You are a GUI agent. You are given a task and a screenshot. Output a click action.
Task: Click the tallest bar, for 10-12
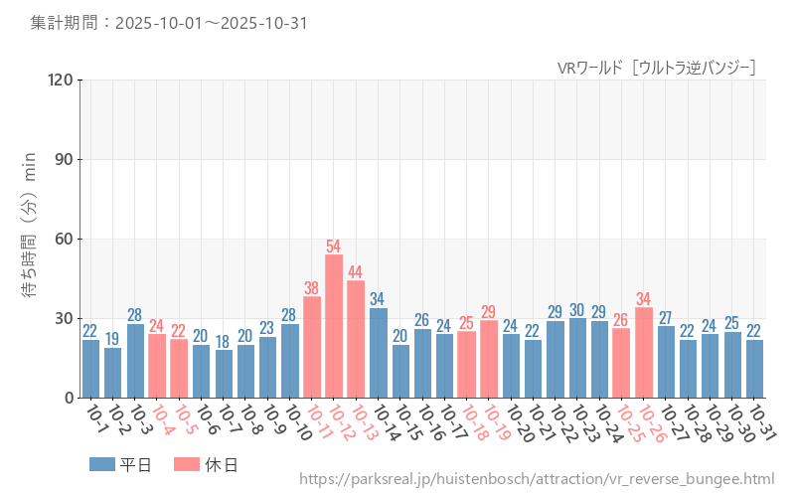[334, 326]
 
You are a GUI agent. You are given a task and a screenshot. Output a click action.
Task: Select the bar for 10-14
[378, 353]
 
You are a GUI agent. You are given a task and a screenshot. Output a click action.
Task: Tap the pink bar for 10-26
[643, 353]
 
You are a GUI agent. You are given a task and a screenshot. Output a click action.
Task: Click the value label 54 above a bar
[334, 246]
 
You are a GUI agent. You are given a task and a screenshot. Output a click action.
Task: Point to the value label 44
[356, 271]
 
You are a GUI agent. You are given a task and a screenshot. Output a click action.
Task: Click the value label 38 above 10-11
[311, 287]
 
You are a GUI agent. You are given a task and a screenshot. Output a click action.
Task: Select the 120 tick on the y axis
[60, 80]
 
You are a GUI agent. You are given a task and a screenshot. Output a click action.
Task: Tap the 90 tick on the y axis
[64, 159]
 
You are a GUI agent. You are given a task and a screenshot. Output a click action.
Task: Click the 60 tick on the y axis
[64, 239]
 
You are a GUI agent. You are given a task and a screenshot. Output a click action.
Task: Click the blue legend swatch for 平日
[101, 464]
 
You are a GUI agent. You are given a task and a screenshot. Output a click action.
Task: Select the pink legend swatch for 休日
[187, 464]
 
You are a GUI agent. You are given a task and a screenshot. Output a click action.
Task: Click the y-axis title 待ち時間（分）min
[31, 239]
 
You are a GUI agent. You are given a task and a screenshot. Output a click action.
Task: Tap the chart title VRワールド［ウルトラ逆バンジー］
[657, 67]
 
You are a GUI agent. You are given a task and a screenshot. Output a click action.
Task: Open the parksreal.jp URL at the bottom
[536, 480]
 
